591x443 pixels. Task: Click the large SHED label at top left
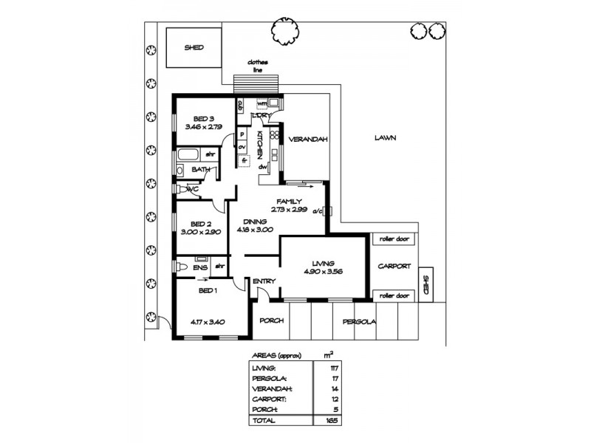point(194,47)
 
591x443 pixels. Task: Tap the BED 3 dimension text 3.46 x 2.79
point(203,127)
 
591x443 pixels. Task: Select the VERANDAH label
point(307,139)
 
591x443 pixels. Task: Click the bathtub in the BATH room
point(189,156)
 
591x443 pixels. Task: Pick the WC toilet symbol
point(181,190)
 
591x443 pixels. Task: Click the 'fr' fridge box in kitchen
point(243,159)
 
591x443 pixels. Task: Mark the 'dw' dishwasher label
point(262,167)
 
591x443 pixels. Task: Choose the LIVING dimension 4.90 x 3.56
point(323,272)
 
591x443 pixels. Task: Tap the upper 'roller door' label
point(394,238)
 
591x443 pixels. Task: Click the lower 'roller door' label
point(394,296)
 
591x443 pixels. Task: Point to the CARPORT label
point(394,267)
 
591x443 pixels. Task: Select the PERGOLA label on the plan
point(359,321)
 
